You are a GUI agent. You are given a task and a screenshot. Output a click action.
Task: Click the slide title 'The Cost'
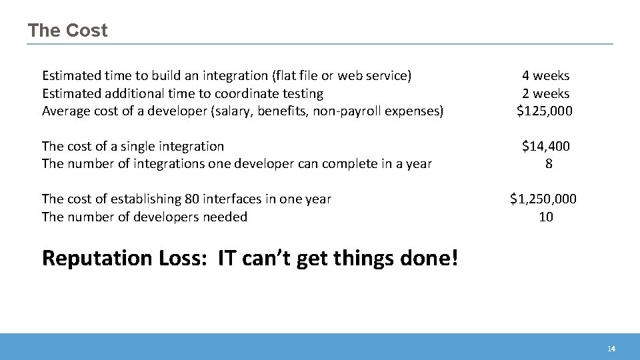[67, 31]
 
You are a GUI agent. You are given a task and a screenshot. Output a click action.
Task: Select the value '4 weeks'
[545, 76]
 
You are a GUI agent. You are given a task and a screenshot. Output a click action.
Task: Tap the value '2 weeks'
[545, 94]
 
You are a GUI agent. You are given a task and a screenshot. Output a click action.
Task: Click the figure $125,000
[545, 111]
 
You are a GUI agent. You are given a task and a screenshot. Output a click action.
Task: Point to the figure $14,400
[546, 146]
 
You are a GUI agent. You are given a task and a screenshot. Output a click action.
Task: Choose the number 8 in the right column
[549, 163]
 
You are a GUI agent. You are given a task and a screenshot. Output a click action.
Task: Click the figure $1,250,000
[543, 199]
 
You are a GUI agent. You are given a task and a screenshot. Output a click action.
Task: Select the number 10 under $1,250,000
[546, 217]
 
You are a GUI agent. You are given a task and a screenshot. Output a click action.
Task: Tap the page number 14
[611, 349]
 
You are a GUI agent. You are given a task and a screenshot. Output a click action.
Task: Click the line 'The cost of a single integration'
[133, 146]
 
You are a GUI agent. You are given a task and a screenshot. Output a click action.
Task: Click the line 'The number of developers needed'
[144, 217]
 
